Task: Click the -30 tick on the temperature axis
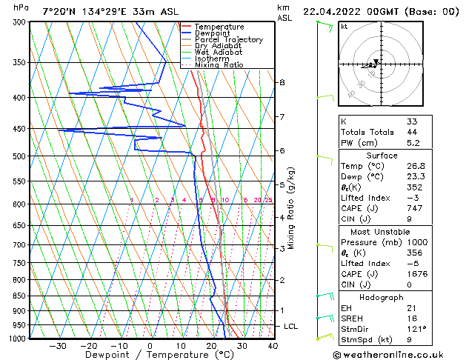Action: pos(57,345)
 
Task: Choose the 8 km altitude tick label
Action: pos(282,82)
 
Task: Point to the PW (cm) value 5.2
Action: pos(413,144)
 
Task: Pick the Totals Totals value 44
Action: pos(412,132)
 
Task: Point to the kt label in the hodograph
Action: pos(344,27)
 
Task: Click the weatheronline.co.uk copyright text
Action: pos(396,354)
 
